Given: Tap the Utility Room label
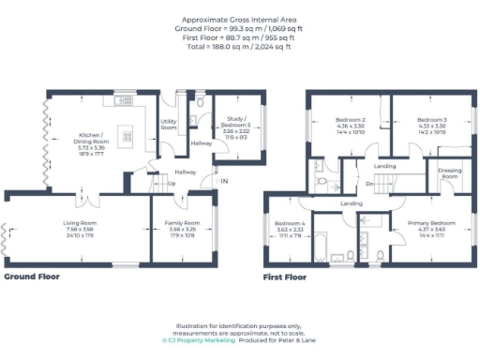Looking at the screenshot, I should tap(169, 124).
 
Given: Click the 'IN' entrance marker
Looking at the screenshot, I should tap(224, 181).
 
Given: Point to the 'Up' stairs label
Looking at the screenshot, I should tap(172, 184).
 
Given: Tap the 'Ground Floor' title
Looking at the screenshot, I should tap(35, 277).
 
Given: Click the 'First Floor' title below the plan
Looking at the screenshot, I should tap(287, 277).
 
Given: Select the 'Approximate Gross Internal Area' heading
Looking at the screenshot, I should tap(239, 18).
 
